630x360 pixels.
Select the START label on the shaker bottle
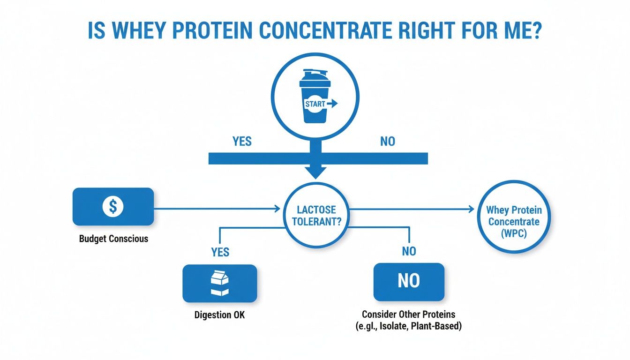tap(315, 104)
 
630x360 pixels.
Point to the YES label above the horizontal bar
tap(242, 141)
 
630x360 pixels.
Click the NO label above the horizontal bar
tap(387, 141)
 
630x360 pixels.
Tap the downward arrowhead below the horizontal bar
tap(315, 172)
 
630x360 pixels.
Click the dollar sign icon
tap(112, 206)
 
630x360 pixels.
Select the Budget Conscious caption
tap(113, 239)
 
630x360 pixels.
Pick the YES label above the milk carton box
tap(220, 252)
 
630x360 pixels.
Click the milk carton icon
tap(220, 284)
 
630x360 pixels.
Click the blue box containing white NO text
tap(409, 282)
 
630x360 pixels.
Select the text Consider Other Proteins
tap(408, 314)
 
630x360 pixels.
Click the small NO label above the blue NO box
tap(409, 252)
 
